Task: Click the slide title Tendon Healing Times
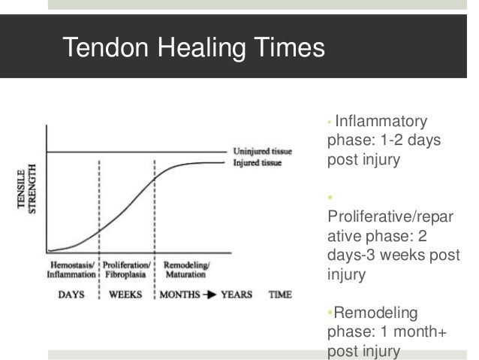coord(194,49)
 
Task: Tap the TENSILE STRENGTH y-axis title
coord(26,195)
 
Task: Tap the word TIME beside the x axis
coord(280,295)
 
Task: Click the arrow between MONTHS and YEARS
coord(209,295)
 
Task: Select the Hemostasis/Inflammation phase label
coord(72,271)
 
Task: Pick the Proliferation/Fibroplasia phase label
coord(126,271)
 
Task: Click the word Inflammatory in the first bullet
coord(381,122)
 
